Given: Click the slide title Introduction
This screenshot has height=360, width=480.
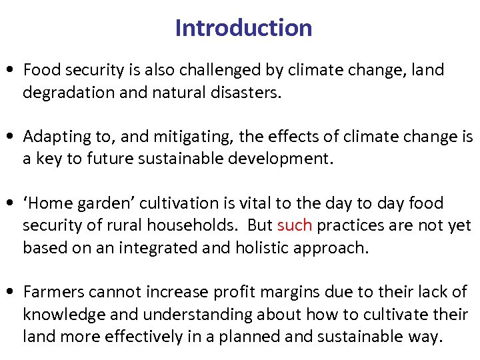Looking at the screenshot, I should coord(243,28).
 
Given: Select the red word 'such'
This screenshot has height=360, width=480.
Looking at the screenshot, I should coord(294,225).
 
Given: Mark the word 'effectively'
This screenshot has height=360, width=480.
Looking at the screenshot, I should coord(148,337).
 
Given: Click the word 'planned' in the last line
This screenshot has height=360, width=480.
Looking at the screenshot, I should coord(244,337).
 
